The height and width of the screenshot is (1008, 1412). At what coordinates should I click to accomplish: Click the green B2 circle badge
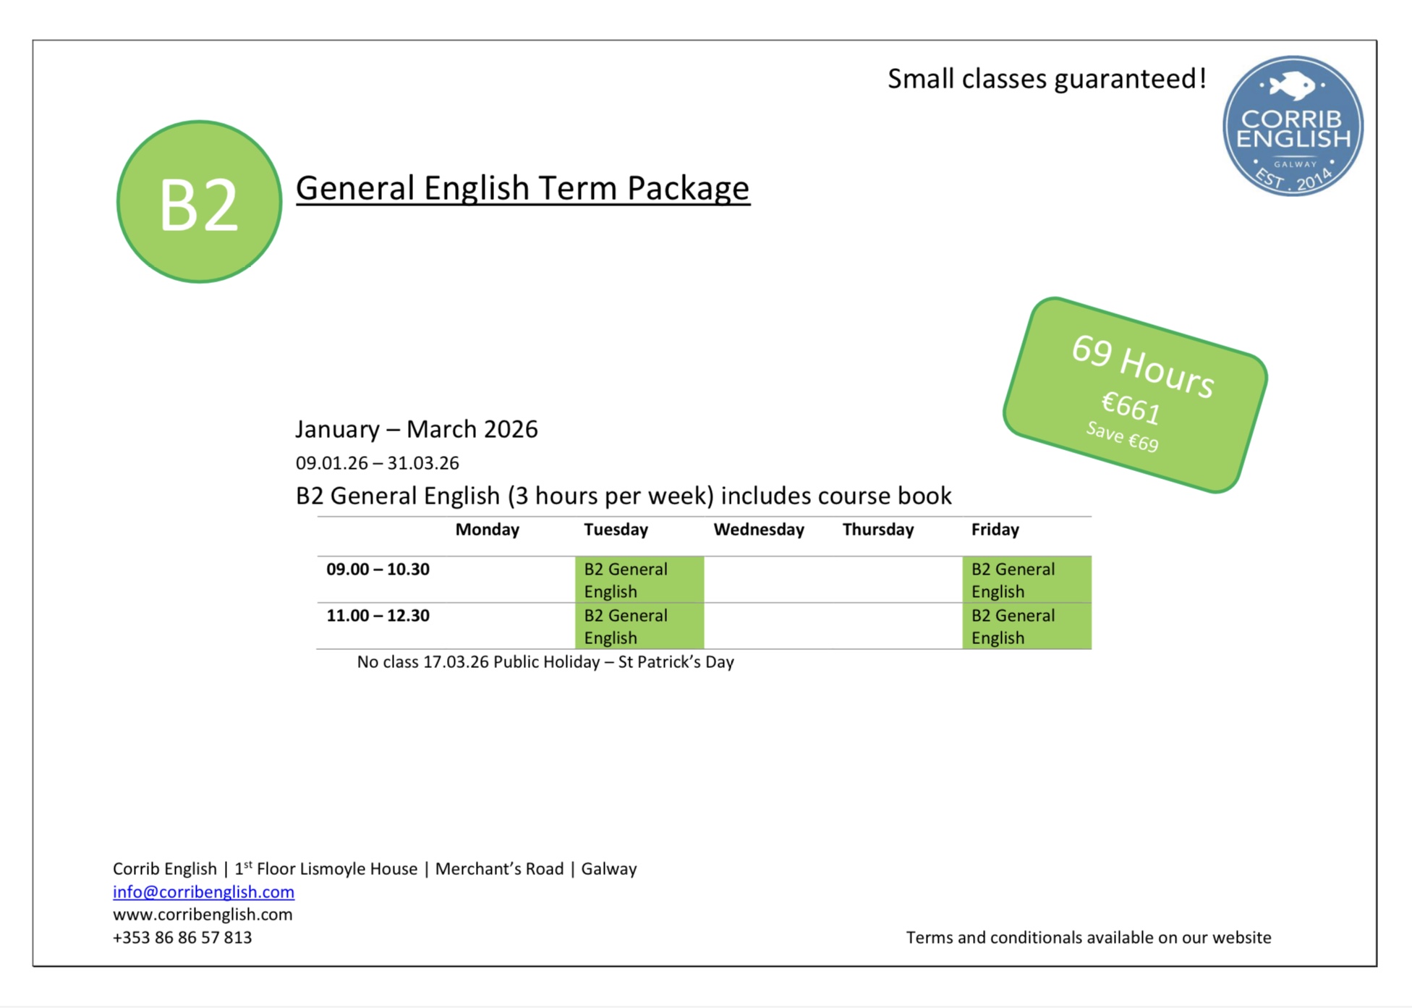click(199, 202)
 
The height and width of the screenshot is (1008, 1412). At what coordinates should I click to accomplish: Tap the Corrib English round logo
click(1293, 126)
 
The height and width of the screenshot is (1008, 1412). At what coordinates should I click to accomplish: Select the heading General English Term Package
click(522, 188)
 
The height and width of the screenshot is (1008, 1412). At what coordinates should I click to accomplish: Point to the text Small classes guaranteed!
click(1047, 79)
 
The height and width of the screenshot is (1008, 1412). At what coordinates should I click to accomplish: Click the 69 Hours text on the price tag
click(1142, 367)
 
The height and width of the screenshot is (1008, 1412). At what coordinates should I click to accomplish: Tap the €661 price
click(1131, 407)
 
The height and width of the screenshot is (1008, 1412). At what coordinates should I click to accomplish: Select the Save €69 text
click(1122, 437)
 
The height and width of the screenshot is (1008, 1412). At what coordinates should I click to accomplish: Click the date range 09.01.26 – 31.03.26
click(377, 463)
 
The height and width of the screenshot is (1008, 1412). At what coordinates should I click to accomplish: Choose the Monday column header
click(487, 530)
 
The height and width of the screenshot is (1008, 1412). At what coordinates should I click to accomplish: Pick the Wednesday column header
click(759, 530)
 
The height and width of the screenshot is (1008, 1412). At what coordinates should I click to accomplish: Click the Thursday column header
click(878, 530)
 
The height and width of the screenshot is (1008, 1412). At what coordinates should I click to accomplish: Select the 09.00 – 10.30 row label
click(378, 569)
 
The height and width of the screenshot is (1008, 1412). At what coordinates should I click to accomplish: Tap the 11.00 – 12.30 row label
click(378, 616)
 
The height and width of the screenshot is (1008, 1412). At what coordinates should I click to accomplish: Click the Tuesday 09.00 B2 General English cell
click(639, 580)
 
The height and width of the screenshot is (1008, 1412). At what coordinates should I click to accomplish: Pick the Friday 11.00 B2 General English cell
click(1026, 626)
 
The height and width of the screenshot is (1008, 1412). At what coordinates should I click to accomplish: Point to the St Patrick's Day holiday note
click(545, 662)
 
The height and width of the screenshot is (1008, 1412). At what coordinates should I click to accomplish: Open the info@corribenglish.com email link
click(203, 891)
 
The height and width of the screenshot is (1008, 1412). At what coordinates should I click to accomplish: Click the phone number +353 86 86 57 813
click(182, 938)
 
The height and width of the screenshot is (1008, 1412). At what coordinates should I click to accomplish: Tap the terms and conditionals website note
click(1089, 938)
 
